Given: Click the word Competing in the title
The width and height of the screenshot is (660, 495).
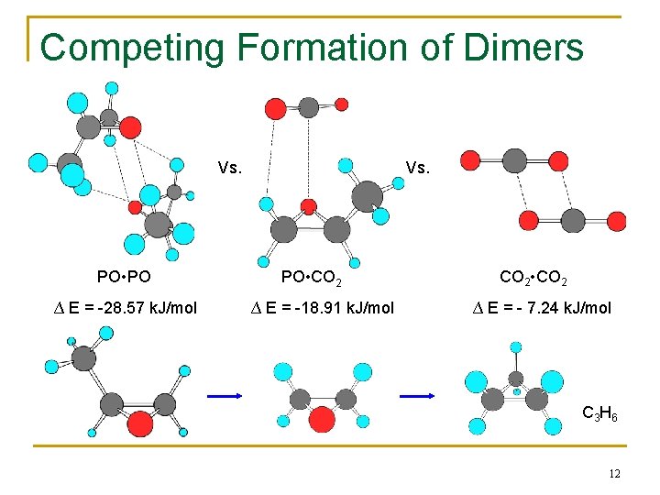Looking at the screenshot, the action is pyautogui.click(x=114, y=47).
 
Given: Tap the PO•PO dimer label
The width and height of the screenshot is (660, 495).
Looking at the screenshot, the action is pyautogui.click(x=124, y=275).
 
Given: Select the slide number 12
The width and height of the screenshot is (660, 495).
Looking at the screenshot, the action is pyautogui.click(x=613, y=473).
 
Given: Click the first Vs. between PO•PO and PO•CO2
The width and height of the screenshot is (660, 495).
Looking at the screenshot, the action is pyautogui.click(x=230, y=168).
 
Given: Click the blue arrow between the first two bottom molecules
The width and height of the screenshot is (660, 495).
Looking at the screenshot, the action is pyautogui.click(x=223, y=395).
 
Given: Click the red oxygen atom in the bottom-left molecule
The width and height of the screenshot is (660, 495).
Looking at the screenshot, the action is pyautogui.click(x=139, y=423).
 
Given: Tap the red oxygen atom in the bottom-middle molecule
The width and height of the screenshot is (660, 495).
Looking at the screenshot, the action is pyautogui.click(x=322, y=419).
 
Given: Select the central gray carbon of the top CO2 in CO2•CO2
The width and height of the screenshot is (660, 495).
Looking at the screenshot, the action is pyautogui.click(x=515, y=161).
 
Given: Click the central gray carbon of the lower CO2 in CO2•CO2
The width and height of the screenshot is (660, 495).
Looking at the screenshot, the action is pyautogui.click(x=573, y=220).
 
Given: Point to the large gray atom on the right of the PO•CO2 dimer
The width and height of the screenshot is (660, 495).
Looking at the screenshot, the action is pyautogui.click(x=367, y=195).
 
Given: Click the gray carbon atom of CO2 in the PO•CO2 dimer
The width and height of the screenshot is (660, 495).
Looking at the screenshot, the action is pyautogui.click(x=309, y=107).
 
